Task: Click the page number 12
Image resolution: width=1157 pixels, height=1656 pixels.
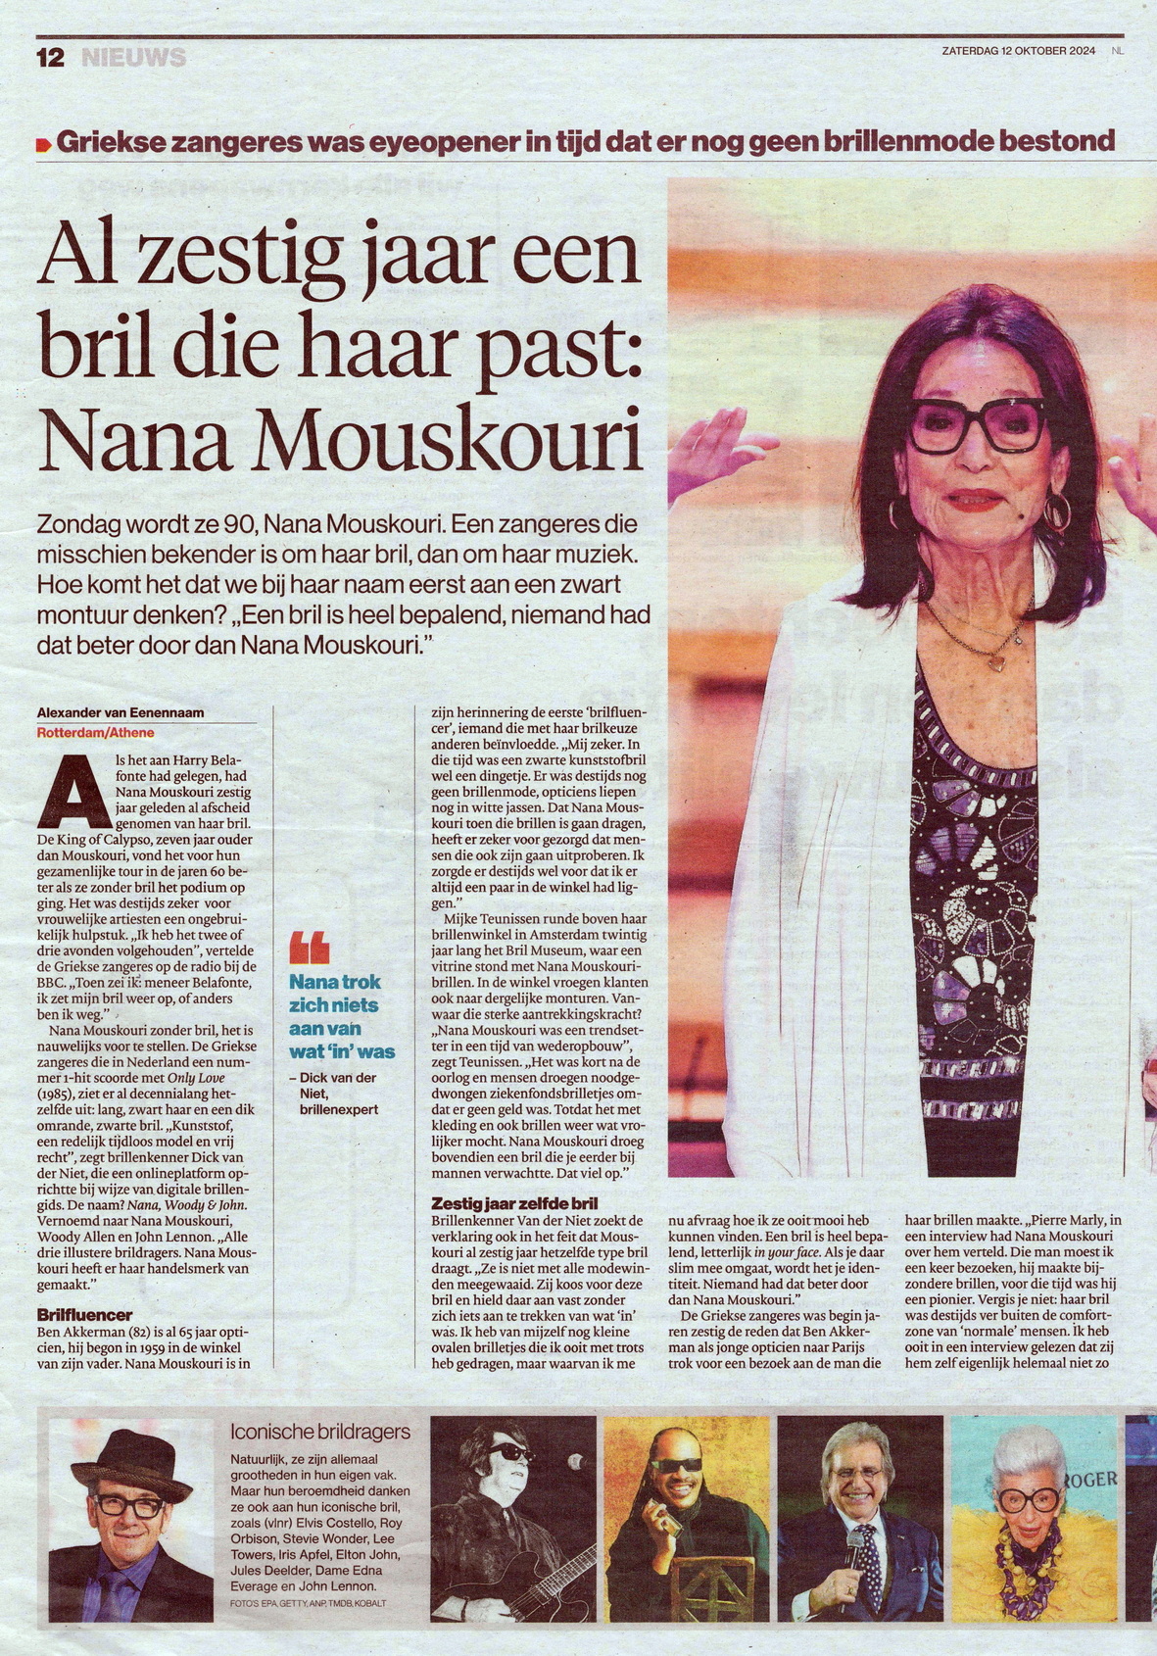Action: (50, 58)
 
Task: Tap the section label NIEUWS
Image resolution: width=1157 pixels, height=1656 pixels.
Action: (133, 58)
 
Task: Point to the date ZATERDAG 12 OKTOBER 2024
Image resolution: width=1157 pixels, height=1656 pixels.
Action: (1019, 51)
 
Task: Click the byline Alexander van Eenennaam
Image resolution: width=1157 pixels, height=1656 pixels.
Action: (121, 712)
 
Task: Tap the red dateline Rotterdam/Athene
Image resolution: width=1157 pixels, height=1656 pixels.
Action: (95, 732)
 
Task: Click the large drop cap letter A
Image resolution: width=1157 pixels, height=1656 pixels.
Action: (73, 793)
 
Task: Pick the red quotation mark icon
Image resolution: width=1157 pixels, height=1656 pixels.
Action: (309, 948)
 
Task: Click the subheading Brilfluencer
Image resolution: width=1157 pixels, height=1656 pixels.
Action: (84, 1314)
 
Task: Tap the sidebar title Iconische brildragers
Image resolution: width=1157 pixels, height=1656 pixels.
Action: (320, 1432)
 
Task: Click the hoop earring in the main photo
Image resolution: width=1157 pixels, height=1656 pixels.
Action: (1057, 511)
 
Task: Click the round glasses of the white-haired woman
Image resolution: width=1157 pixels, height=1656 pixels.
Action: (1028, 1500)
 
